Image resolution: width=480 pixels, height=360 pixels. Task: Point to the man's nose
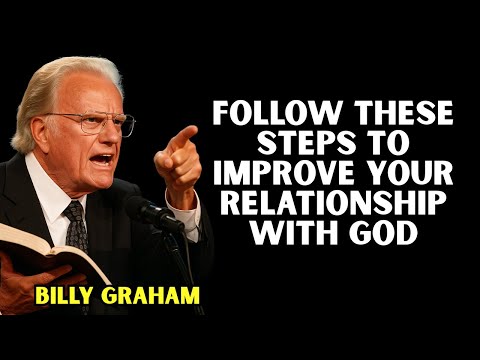110,138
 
